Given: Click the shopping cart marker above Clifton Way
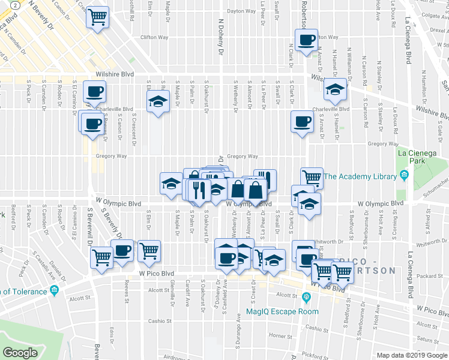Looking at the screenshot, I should coord(98,16).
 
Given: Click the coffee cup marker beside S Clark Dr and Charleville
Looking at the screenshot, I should coord(301,121).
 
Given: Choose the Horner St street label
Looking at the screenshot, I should coord(280,336).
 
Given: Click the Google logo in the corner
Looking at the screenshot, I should coord(20,353).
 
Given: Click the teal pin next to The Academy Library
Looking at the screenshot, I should coord(405,176).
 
